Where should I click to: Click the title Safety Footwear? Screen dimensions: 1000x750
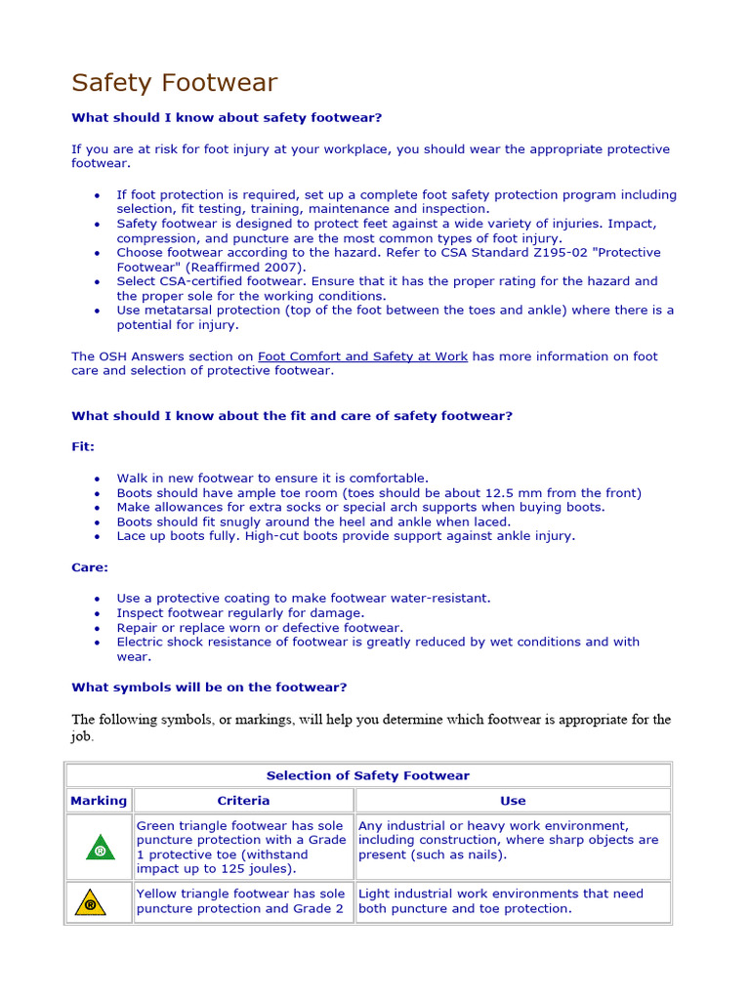tap(174, 83)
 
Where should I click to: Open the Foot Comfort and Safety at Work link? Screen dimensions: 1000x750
tap(362, 356)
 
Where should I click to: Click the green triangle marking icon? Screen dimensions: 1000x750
tap(99, 848)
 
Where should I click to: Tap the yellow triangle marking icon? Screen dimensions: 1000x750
tap(91, 902)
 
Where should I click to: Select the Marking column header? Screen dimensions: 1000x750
tap(99, 801)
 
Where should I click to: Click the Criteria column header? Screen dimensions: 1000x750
tap(243, 801)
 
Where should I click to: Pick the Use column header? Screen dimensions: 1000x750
tap(513, 801)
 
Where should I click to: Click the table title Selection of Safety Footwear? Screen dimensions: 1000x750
tap(368, 775)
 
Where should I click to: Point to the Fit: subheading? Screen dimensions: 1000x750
tap(83, 446)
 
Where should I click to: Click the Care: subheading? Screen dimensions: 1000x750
tap(90, 567)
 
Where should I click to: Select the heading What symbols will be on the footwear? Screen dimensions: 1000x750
tap(209, 687)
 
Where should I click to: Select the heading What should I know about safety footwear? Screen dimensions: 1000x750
tap(227, 118)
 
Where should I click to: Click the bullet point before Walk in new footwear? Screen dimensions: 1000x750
tap(98, 479)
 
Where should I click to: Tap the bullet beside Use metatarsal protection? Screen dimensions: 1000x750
tap(98, 312)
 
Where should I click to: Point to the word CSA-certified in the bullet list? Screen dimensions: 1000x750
tap(205, 281)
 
